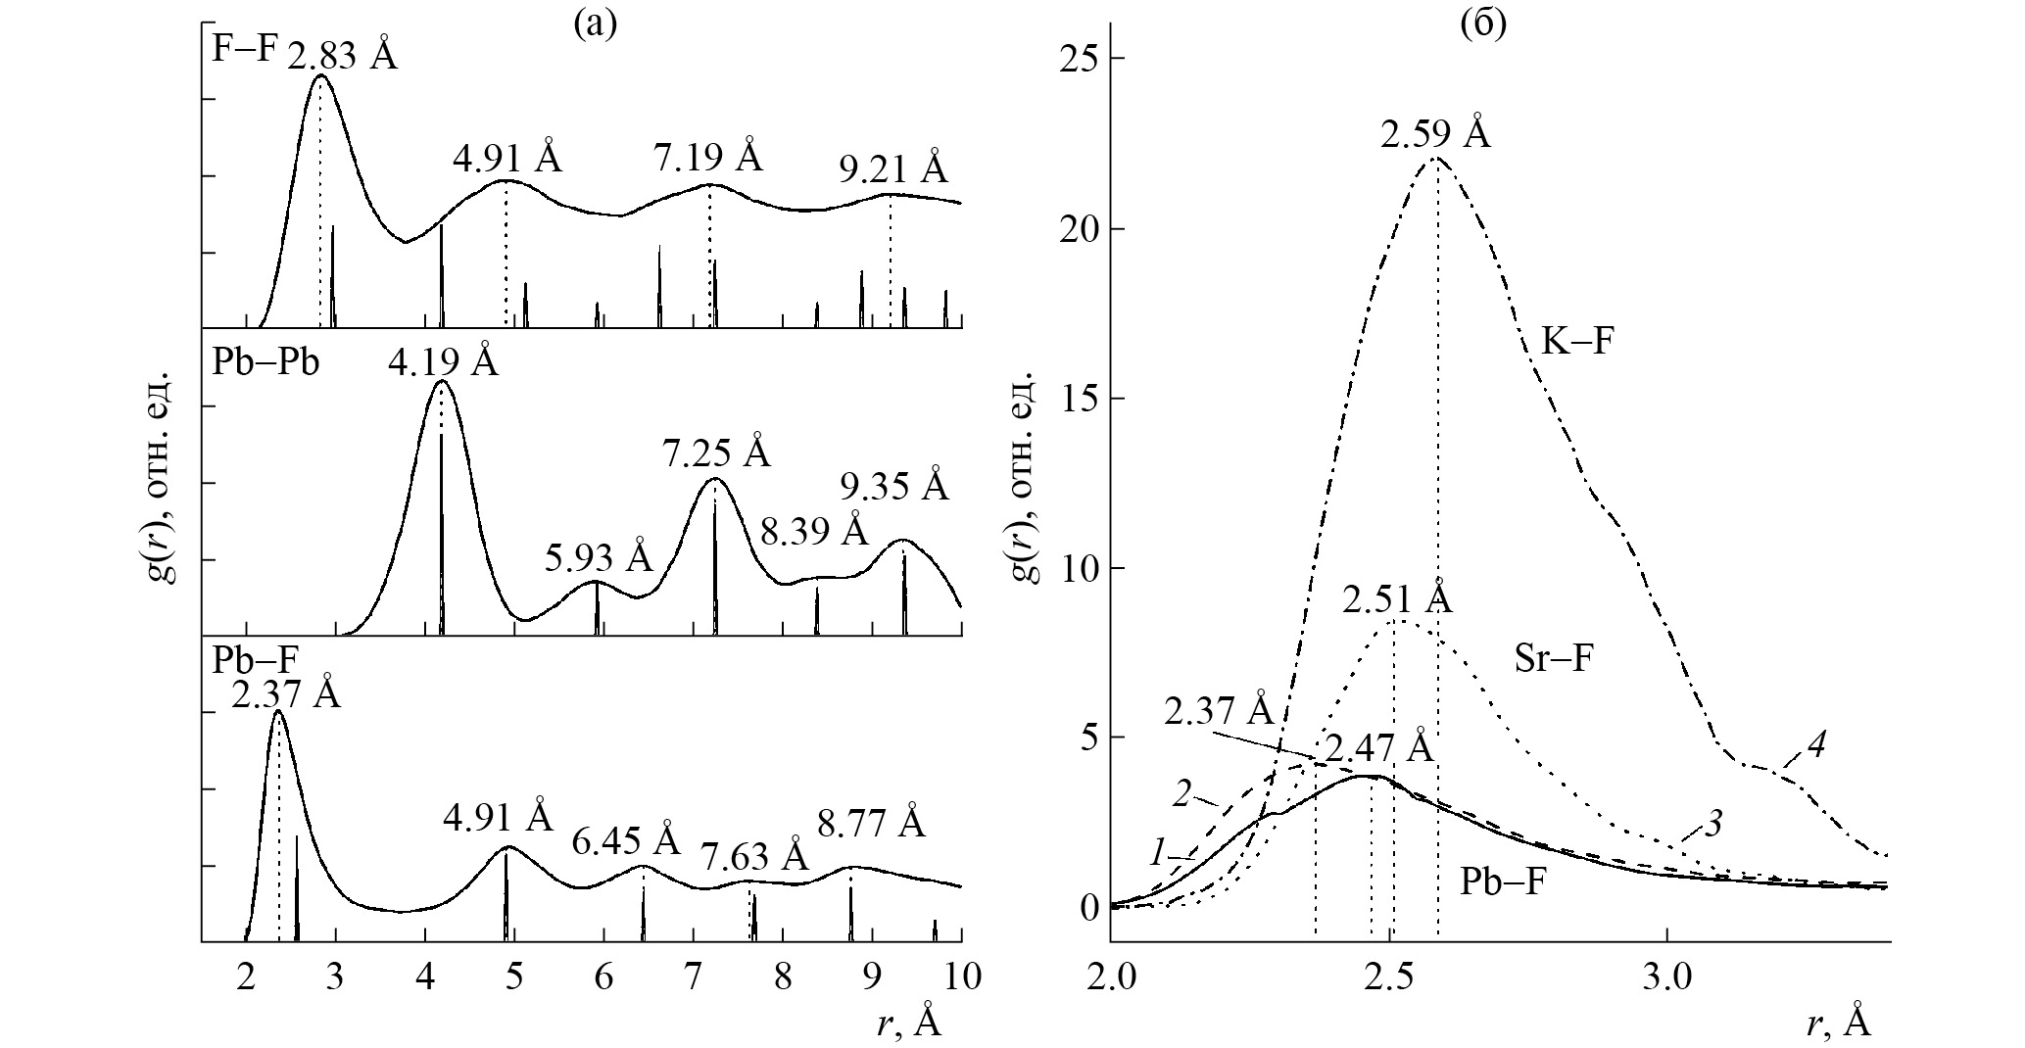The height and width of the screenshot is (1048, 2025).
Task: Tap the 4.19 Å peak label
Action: [x=443, y=363]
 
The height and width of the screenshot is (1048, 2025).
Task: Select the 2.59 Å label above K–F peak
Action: [x=1436, y=134]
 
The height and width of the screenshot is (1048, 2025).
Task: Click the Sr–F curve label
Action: [x=1554, y=659]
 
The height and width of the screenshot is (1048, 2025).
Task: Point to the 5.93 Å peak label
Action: [x=598, y=557]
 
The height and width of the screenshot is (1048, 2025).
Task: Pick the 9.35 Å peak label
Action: [x=894, y=486]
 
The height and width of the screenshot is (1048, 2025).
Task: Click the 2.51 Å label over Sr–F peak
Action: [x=1397, y=599]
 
